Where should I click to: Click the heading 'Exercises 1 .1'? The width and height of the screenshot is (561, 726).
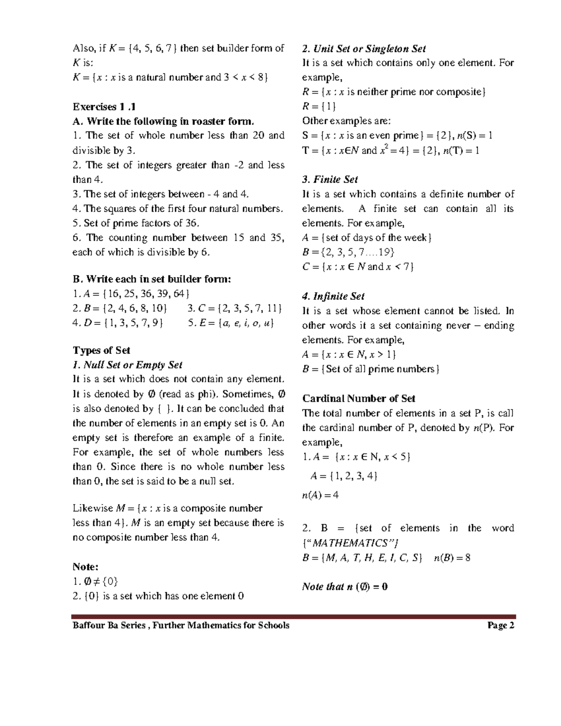click(x=104, y=107)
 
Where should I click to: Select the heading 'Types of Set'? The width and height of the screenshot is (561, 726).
click(x=101, y=350)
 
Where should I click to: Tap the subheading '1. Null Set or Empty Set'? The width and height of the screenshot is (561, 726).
click(x=127, y=365)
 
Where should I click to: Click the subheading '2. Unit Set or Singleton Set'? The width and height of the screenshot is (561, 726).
click(x=364, y=49)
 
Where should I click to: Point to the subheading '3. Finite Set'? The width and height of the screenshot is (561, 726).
click(x=330, y=180)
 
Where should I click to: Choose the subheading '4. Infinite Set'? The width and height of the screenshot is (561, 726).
click(x=333, y=296)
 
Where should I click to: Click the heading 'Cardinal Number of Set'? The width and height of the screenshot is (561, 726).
click(x=359, y=398)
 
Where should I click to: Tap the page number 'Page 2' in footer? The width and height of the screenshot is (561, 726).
click(x=501, y=625)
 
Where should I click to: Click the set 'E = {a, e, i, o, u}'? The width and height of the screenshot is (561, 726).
click(x=230, y=323)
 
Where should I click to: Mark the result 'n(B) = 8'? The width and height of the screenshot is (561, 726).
click(x=452, y=558)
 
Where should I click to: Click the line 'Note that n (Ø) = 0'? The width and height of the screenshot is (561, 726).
click(x=345, y=587)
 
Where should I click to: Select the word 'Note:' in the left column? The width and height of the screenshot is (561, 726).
click(x=86, y=567)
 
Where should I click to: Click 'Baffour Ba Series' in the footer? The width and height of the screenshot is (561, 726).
click(x=109, y=625)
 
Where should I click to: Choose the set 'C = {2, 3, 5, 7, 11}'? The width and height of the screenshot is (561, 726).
click(x=234, y=308)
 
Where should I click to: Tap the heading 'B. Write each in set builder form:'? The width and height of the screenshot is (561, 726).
click(x=152, y=279)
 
